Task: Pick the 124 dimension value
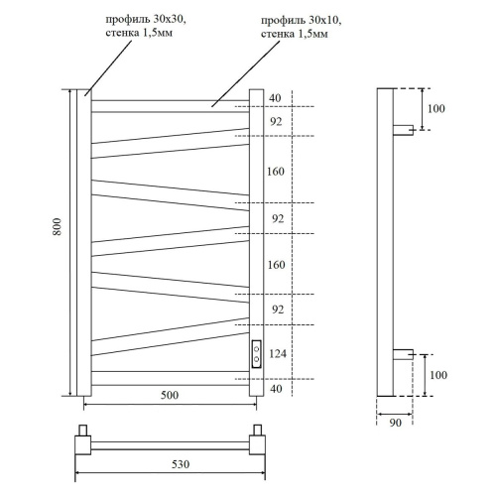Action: pyautogui.click(x=277, y=353)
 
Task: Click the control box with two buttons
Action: pyautogui.click(x=257, y=353)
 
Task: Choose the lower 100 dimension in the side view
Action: pyautogui.click(x=436, y=375)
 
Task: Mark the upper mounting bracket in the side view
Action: pyautogui.click(x=404, y=129)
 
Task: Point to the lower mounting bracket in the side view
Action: pyautogui.click(x=404, y=353)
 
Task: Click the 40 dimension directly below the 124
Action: pyautogui.click(x=275, y=388)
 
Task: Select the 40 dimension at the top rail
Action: pyautogui.click(x=275, y=97)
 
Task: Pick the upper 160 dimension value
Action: pyautogui.click(x=277, y=170)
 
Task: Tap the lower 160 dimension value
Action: pyautogui.click(x=277, y=265)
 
